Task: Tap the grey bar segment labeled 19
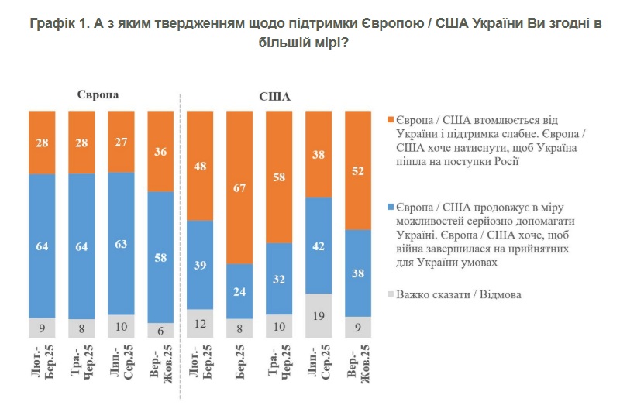click(x=319, y=315)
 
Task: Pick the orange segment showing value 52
click(x=359, y=170)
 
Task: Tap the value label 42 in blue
click(x=319, y=247)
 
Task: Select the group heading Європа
click(x=98, y=94)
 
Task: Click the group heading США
click(x=274, y=98)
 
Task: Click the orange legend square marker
click(x=390, y=120)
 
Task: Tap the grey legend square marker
click(x=390, y=294)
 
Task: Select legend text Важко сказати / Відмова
click(x=461, y=294)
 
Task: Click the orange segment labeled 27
click(x=121, y=141)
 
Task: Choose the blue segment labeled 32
click(x=280, y=279)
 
